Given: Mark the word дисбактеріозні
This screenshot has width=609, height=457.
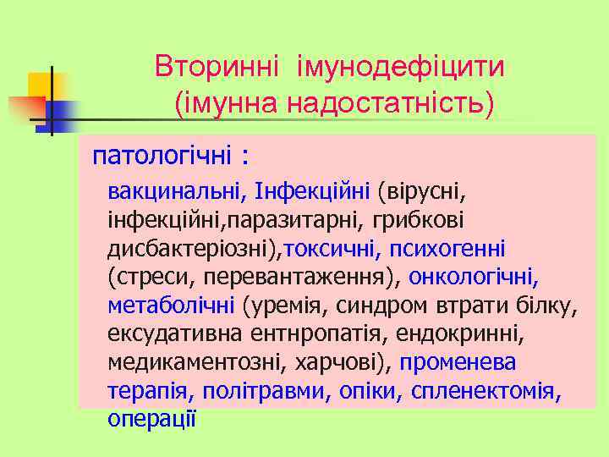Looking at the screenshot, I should (x=195, y=248).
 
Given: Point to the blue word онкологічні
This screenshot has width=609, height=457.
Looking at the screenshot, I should (x=474, y=277).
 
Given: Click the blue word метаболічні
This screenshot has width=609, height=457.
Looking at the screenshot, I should (x=172, y=306).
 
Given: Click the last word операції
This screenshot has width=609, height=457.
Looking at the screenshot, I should (x=152, y=418).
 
